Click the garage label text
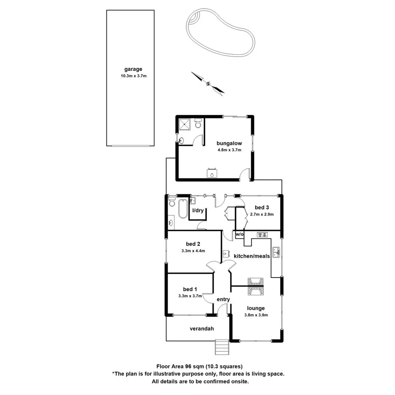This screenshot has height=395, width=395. pos(133,69)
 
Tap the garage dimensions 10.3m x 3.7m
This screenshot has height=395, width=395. pos(133,76)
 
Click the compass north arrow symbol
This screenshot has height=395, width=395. pos(208,83)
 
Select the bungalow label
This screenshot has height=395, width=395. pos(229,143)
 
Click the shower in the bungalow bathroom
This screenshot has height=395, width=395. pos(185,124)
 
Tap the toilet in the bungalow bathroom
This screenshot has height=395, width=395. pos(198,124)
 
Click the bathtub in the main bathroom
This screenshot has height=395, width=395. pos(182,208)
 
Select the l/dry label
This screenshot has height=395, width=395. pos(198,211)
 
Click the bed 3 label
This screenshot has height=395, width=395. pos(261,207)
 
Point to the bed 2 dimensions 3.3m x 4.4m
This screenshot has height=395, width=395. pos(193,250)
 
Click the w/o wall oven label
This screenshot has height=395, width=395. pos(239,234)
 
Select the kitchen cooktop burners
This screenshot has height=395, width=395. pos(261,234)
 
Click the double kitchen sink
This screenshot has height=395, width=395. pos(276,252)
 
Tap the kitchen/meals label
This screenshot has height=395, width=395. pos(249,256)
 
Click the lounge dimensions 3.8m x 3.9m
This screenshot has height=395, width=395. pos(256,315)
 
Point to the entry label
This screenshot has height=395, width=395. pos(223,300)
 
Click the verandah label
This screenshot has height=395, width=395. pos(201,328)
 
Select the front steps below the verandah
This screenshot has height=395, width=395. pos(222,348)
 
